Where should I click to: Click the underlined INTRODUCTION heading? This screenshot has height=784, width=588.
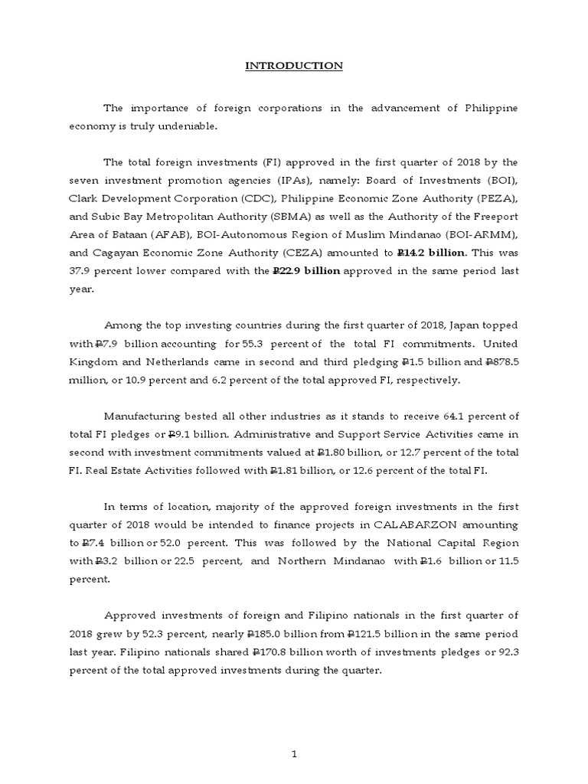(x=293, y=67)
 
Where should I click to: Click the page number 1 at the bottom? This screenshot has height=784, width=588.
(x=293, y=733)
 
